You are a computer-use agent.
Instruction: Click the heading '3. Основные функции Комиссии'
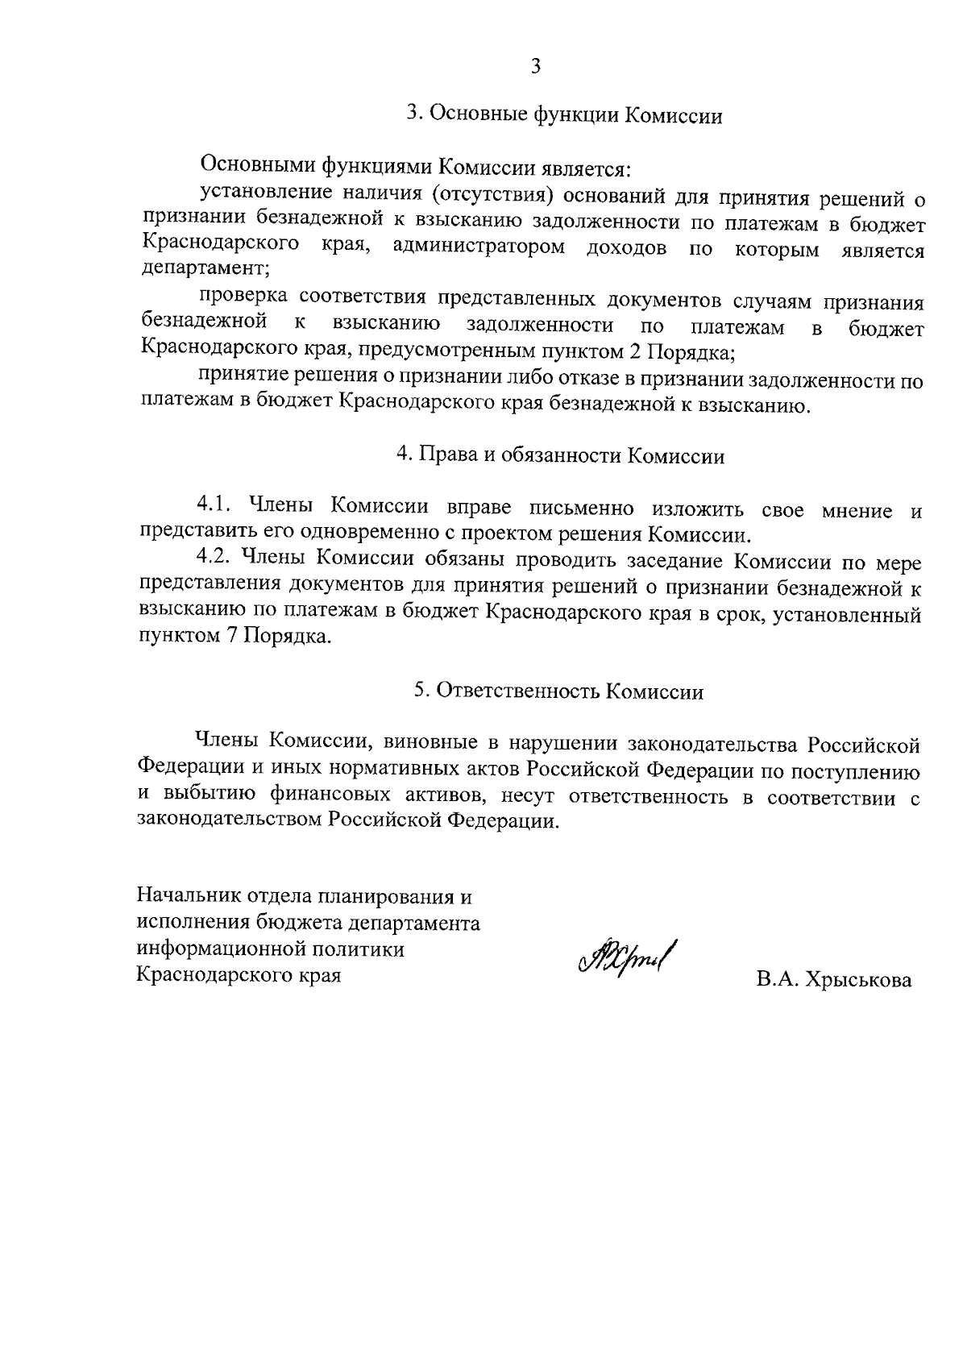(x=563, y=114)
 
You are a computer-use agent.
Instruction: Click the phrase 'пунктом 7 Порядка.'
(x=234, y=637)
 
